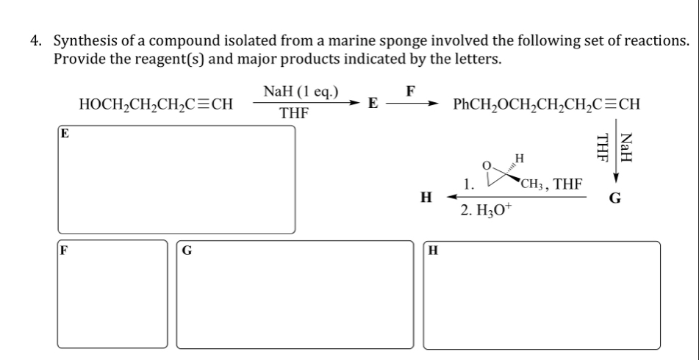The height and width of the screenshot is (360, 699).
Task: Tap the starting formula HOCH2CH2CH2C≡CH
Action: pyautogui.click(x=156, y=104)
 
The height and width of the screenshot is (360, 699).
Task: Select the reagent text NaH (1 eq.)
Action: pyautogui.click(x=301, y=92)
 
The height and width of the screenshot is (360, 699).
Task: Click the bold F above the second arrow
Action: pyautogui.click(x=412, y=91)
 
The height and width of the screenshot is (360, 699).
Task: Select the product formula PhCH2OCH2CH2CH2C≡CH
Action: pyautogui.click(x=547, y=104)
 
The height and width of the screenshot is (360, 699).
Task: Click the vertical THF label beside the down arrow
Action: pyautogui.click(x=603, y=146)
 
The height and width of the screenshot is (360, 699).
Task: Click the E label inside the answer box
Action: pyautogui.click(x=65, y=134)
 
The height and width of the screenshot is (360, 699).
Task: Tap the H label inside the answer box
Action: pyautogui.click(x=433, y=250)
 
